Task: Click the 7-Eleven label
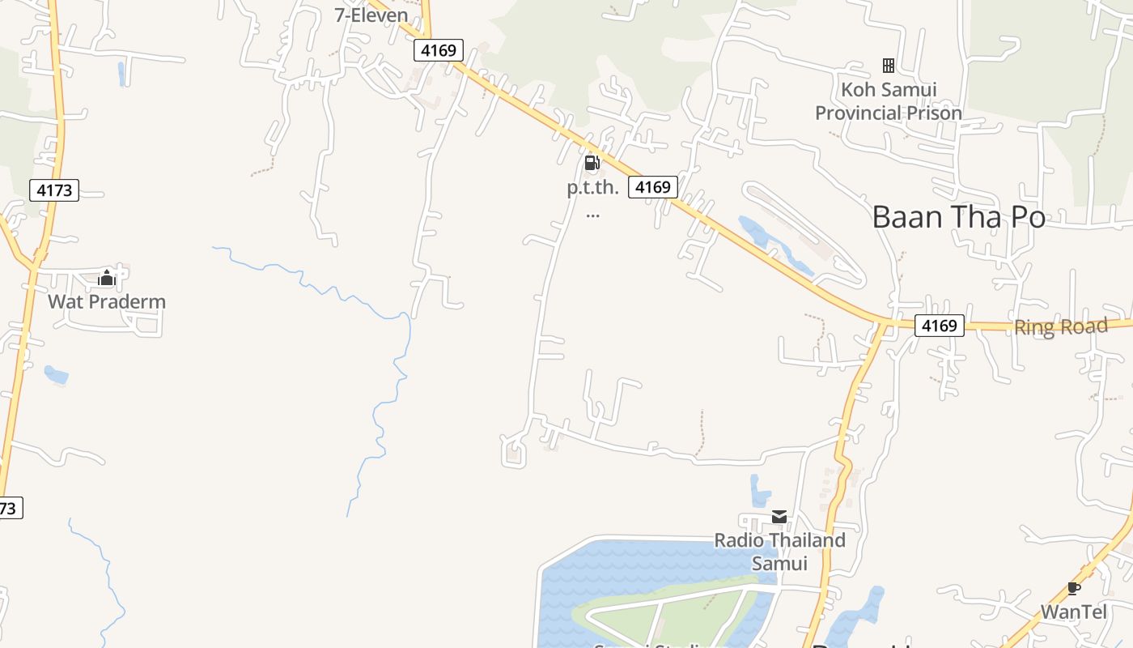tap(371, 15)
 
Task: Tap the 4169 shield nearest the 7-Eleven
tap(439, 50)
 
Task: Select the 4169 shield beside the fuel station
tap(652, 187)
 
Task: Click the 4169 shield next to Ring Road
tap(940, 326)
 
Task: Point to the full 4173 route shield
tap(55, 190)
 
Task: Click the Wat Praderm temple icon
tap(106, 279)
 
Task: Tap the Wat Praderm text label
tap(107, 302)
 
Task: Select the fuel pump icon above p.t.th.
tap(592, 164)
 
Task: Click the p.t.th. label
tap(592, 188)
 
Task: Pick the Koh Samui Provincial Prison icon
tap(888, 66)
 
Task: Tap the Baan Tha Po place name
tap(958, 217)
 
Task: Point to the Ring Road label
tap(1060, 327)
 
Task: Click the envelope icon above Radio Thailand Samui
tap(779, 517)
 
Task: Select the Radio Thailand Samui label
tap(779, 551)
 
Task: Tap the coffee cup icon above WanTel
tap(1073, 588)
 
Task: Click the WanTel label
tap(1073, 612)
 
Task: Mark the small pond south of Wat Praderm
tap(56, 375)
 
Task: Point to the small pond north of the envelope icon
tap(759, 491)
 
